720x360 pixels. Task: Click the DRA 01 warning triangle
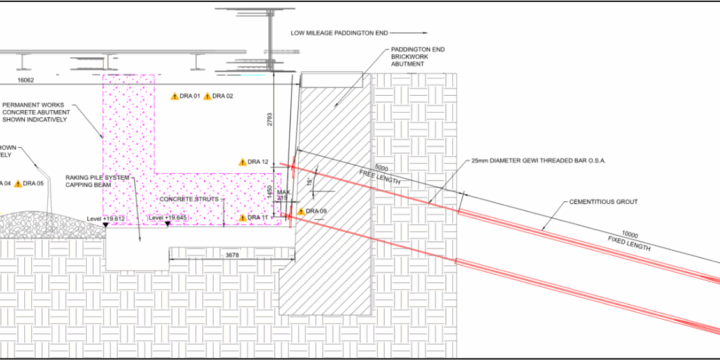click(174, 96)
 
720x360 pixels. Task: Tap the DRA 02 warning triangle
click(208, 96)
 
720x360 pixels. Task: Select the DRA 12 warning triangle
click(242, 161)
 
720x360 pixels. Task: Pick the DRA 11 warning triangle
click(242, 217)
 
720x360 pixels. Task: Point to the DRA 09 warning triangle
click(298, 211)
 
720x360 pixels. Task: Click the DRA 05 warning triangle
click(17, 183)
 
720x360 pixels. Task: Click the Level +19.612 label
click(105, 217)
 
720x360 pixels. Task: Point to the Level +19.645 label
click(167, 217)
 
